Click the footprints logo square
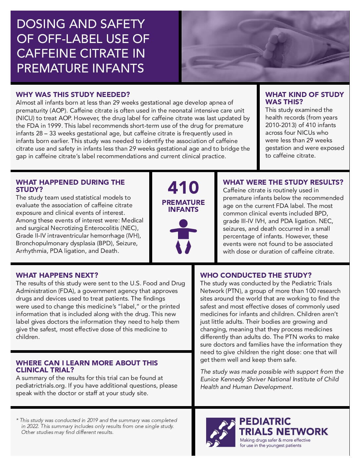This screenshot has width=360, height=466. tap(221, 432)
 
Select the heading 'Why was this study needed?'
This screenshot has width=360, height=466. tap(73, 94)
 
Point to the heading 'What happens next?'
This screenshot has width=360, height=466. tap(57, 275)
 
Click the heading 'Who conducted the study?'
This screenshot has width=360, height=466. tap(256, 275)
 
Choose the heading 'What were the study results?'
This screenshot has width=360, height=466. tap(283, 182)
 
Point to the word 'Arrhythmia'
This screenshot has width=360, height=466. tap(31, 251)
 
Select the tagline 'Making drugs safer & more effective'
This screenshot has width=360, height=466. tap(275, 440)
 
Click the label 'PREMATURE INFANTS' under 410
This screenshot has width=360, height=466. tap(183, 206)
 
